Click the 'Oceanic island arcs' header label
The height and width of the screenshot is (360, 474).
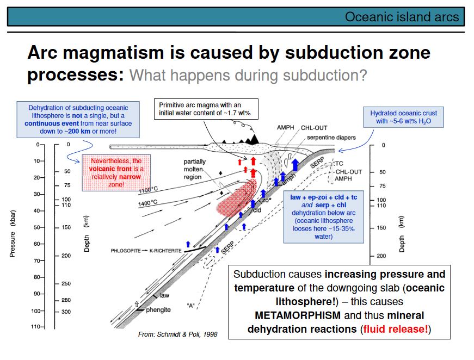click(x=402, y=16)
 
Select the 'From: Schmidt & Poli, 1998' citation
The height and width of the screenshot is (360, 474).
click(x=177, y=334)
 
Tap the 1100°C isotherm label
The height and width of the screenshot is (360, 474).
click(x=148, y=190)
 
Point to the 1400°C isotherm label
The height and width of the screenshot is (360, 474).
click(x=148, y=202)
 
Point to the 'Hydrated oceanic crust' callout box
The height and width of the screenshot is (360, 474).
click(x=403, y=117)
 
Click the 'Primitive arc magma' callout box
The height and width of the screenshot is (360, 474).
click(x=206, y=109)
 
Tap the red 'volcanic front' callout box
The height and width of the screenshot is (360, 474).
click(x=115, y=173)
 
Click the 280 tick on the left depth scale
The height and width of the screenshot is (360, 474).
click(x=66, y=300)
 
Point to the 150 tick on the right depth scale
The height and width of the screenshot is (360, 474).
click(x=382, y=228)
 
